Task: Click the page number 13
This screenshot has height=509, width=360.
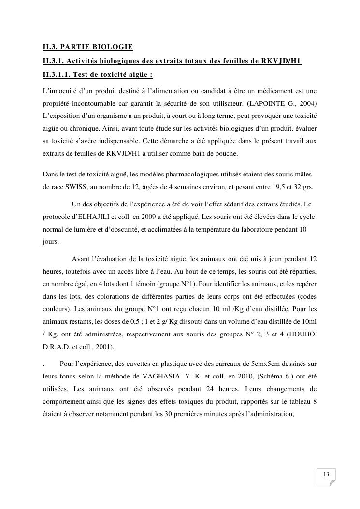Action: click(326, 474)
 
